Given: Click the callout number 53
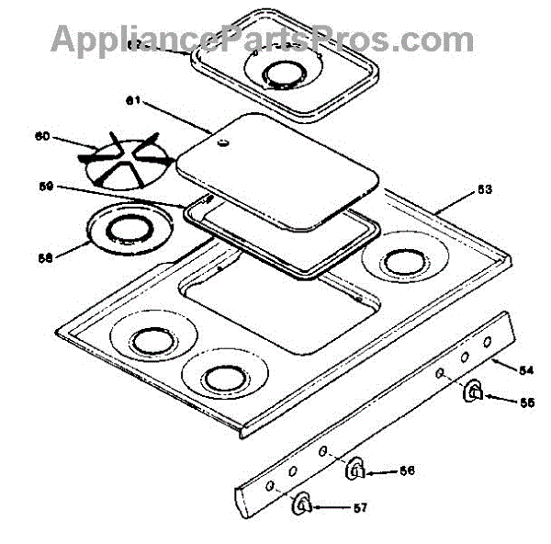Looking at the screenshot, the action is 484,190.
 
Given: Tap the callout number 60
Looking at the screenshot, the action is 41,138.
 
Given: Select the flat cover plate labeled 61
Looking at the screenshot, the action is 275,175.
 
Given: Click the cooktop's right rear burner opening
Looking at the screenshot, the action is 404,261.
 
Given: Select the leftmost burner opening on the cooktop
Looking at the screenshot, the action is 147,342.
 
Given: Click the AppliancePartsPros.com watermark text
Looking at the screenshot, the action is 262,39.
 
